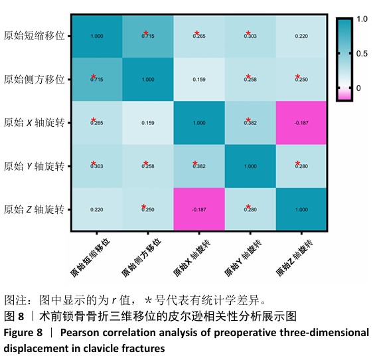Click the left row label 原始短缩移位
point(35,36)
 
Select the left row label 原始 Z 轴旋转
point(34,209)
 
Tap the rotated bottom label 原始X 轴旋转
point(191,258)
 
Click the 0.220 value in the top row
point(301,36)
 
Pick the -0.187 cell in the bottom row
point(199,210)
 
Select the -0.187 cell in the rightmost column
point(301,123)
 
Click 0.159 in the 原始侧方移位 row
point(199,80)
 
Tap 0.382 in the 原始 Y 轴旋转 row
point(199,166)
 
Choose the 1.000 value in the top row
point(97,36)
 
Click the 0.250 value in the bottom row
point(148,210)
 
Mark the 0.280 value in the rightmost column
point(301,166)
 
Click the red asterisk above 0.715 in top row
point(146,33)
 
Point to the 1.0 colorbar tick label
point(362,19)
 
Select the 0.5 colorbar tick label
point(362,54)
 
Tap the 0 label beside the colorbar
point(358,88)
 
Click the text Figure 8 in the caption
point(23,333)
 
